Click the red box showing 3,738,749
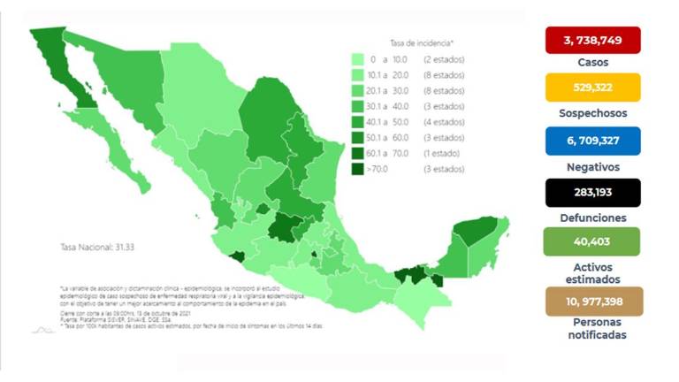pyautogui.click(x=591, y=41)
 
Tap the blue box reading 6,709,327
pyautogui.click(x=591, y=140)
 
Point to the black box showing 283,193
pyautogui.click(x=591, y=191)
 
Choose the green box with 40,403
pyautogui.click(x=591, y=241)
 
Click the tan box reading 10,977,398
pyautogui.click(x=591, y=302)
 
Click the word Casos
pyautogui.click(x=591, y=63)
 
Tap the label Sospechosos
pyautogui.click(x=591, y=113)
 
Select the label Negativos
pyautogui.click(x=591, y=165)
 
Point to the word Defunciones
pyautogui.click(x=591, y=217)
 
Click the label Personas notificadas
pyautogui.click(x=591, y=330)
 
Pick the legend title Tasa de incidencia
pyautogui.click(x=422, y=42)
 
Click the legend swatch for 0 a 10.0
pyautogui.click(x=357, y=59)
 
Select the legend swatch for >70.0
pyautogui.click(x=357, y=169)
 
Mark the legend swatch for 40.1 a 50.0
pyautogui.click(x=357, y=122)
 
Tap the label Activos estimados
pyautogui.click(x=591, y=272)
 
